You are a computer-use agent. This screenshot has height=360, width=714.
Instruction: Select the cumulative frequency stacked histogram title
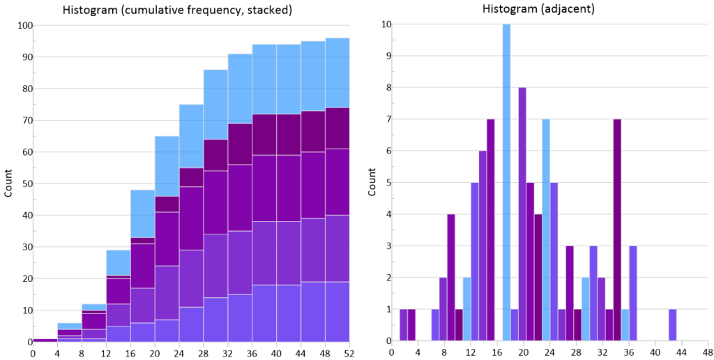pyautogui.click(x=178, y=10)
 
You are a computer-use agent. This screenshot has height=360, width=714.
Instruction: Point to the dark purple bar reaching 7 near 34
pyautogui.click(x=617, y=230)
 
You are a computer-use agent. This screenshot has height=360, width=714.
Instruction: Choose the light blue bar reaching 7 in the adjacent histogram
pyautogui.click(x=546, y=230)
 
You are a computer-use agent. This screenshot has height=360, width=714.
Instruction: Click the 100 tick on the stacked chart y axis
pyautogui.click(x=25, y=26)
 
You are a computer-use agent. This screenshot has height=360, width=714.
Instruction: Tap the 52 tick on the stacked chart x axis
pyautogui.click(x=349, y=353)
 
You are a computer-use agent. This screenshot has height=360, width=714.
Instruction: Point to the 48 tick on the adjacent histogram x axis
pyautogui.click(x=706, y=353)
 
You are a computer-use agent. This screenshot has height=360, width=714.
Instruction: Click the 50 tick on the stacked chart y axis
pyautogui.click(x=25, y=184)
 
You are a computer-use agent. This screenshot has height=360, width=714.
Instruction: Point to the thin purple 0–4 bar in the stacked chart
pyautogui.click(x=45, y=340)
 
